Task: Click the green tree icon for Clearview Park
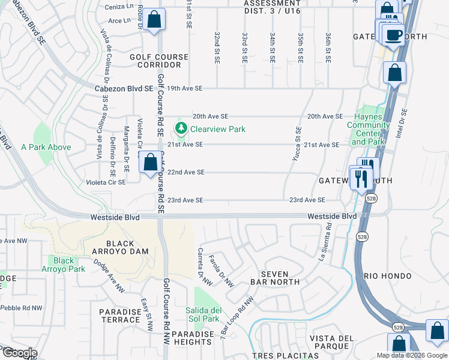tap(181, 128)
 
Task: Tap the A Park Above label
tap(46, 147)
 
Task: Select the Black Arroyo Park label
tap(64, 265)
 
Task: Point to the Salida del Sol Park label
tap(207, 314)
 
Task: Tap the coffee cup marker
tap(394, 35)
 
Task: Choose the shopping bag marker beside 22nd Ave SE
tap(149, 162)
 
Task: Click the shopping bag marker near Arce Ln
tap(154, 19)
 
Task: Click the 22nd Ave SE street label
tap(186, 172)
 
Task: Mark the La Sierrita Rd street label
tap(325, 241)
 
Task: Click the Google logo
tap(19, 353)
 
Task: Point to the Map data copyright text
tap(412, 355)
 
